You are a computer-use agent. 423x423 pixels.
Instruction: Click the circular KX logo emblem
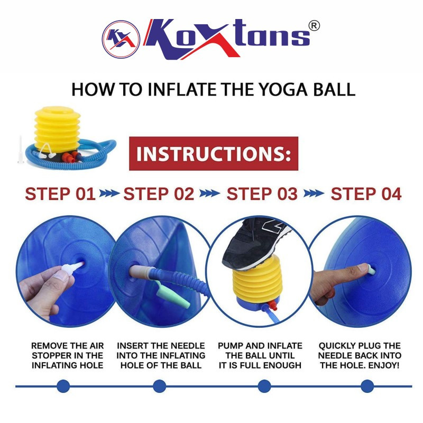[x=121, y=39]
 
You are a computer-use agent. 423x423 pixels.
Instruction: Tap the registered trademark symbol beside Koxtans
[x=314, y=26]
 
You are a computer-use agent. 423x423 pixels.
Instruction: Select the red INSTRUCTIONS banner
[x=214, y=153]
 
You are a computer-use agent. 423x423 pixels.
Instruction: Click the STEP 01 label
[x=60, y=194]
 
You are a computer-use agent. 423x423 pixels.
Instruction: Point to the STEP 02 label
[x=159, y=194]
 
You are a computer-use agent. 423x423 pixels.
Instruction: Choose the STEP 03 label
[x=262, y=194]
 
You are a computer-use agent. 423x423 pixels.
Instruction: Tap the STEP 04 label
[x=366, y=194]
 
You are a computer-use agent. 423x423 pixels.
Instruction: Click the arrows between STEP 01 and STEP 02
[x=109, y=194]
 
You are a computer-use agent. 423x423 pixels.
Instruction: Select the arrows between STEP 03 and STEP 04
[x=314, y=194]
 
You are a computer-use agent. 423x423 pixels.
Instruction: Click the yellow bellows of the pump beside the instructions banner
[x=58, y=129]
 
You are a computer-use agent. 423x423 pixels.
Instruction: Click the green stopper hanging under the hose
[x=173, y=294]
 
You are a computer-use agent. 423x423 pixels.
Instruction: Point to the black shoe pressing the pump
[x=255, y=243]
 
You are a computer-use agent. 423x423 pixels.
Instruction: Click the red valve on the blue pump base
[x=272, y=305]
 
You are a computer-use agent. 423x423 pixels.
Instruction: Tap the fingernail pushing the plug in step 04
[x=364, y=268]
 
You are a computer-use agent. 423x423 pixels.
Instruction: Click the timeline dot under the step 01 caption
[x=63, y=386]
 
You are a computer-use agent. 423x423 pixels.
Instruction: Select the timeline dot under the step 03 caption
[x=264, y=386]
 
